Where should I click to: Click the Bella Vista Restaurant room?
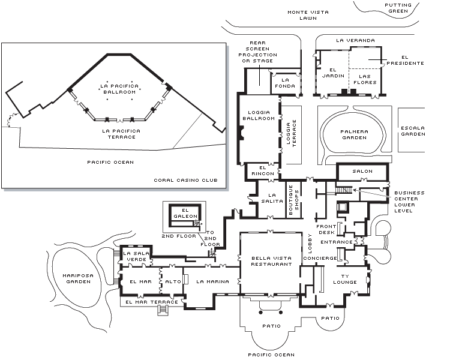[x=271, y=261]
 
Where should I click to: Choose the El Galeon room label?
[x=185, y=213]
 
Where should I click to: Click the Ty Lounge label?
[x=345, y=279]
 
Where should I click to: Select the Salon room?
[x=362, y=171]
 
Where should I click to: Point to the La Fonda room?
[x=285, y=83]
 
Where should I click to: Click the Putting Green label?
[x=398, y=8]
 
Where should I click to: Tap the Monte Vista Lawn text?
[x=307, y=15]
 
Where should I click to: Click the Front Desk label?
[x=326, y=230]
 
